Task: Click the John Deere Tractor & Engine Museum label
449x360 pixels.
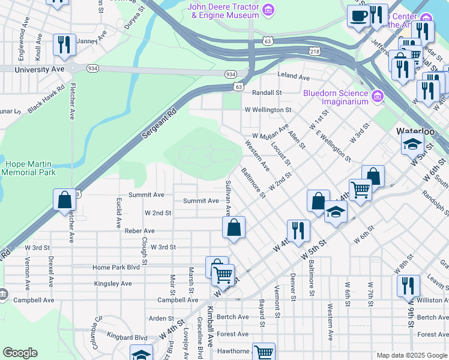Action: (x=223, y=11)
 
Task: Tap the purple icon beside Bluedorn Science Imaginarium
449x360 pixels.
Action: (x=377, y=96)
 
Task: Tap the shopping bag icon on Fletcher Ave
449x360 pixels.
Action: (x=64, y=200)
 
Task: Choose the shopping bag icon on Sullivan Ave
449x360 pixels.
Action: (x=234, y=228)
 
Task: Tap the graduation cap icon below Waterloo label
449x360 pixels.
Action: (x=412, y=144)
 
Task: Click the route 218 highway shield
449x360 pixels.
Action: (x=315, y=52)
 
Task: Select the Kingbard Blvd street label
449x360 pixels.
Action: (x=127, y=338)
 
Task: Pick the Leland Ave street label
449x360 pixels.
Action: (x=293, y=77)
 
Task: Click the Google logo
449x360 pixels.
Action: (x=20, y=353)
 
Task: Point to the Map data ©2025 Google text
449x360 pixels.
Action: (x=411, y=355)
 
